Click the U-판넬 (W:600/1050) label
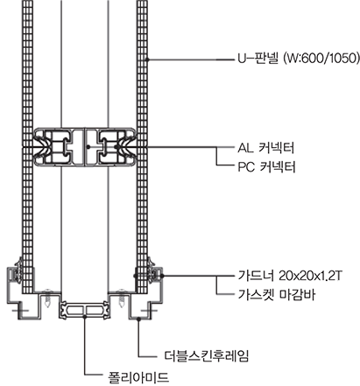(298, 60)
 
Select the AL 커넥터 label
(265, 148)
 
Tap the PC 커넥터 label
(266, 167)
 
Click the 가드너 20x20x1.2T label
(290, 275)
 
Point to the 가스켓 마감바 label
(276, 295)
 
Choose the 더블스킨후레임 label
(206, 356)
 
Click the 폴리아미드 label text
(138, 376)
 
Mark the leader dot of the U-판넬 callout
(148, 60)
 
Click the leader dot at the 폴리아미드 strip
(85, 316)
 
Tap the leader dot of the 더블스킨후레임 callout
(139, 319)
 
